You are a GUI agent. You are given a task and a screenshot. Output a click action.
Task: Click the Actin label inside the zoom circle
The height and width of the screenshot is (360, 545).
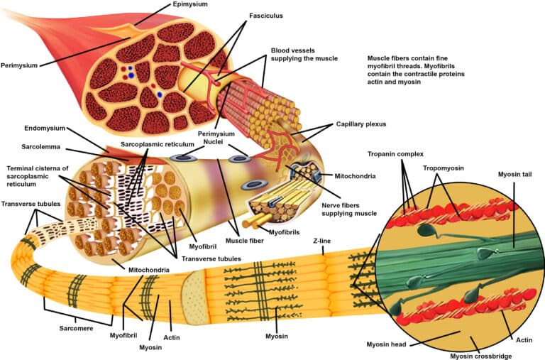pyautogui.click(x=524, y=341)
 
